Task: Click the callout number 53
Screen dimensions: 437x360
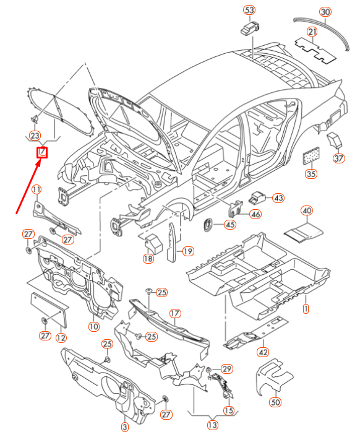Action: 249,11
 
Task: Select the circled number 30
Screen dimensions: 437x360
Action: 325,12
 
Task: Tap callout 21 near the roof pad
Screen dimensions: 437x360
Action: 312,32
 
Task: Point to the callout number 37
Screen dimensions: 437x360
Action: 338,158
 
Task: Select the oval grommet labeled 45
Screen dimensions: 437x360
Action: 208,223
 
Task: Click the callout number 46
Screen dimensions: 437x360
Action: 255,214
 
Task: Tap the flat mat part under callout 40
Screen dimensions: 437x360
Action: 304,232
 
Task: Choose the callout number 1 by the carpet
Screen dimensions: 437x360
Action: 305,308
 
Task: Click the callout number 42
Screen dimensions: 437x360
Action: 264,352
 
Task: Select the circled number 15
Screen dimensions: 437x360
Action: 229,410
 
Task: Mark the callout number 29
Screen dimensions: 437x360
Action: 227,369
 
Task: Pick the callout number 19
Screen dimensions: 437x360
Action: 187,251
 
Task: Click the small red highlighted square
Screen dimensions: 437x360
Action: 42,152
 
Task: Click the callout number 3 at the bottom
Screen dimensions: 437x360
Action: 124,427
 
